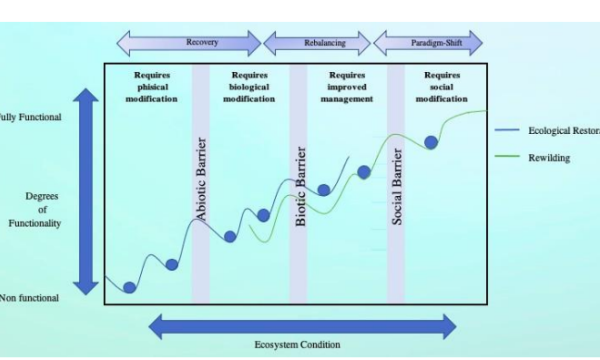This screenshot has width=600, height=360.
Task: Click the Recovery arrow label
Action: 202,43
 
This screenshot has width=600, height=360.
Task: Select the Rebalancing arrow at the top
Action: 316,43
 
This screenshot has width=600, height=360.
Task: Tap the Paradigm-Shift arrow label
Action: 428,43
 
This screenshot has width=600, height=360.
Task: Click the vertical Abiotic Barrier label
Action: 201,179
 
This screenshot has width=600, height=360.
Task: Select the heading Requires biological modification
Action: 249,87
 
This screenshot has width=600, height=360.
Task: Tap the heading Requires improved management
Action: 347,87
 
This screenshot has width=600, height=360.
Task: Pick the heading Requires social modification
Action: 442,87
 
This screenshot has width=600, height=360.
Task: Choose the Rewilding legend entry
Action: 549,157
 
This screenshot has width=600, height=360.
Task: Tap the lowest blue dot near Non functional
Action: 129,288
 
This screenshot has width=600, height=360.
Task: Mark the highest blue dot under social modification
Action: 432,142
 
